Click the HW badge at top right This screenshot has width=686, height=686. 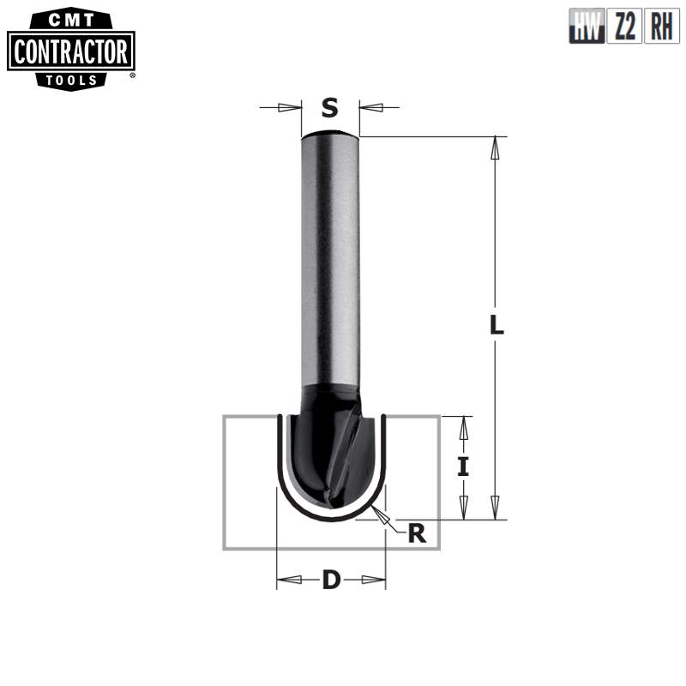[587, 27]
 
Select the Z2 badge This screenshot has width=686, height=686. [624, 27]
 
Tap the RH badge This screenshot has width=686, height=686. [661, 27]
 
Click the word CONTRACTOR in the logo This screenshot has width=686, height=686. [71, 52]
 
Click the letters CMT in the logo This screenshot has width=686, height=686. [71, 19]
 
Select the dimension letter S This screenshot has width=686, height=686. [330, 108]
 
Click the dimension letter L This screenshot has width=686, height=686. [496, 326]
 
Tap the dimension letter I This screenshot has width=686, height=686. [463, 466]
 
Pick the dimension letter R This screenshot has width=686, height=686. [417, 533]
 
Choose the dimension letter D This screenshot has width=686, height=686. [331, 581]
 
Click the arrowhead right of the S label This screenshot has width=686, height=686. [371, 108]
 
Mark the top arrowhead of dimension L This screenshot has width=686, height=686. [494, 147]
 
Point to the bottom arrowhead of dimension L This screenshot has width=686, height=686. [494, 508]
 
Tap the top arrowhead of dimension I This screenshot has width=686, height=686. [463, 427]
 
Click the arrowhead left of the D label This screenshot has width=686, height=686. [289, 580]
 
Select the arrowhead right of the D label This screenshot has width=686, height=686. [374, 580]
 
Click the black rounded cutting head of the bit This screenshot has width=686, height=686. [330, 454]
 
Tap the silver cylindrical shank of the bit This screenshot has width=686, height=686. [330, 257]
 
